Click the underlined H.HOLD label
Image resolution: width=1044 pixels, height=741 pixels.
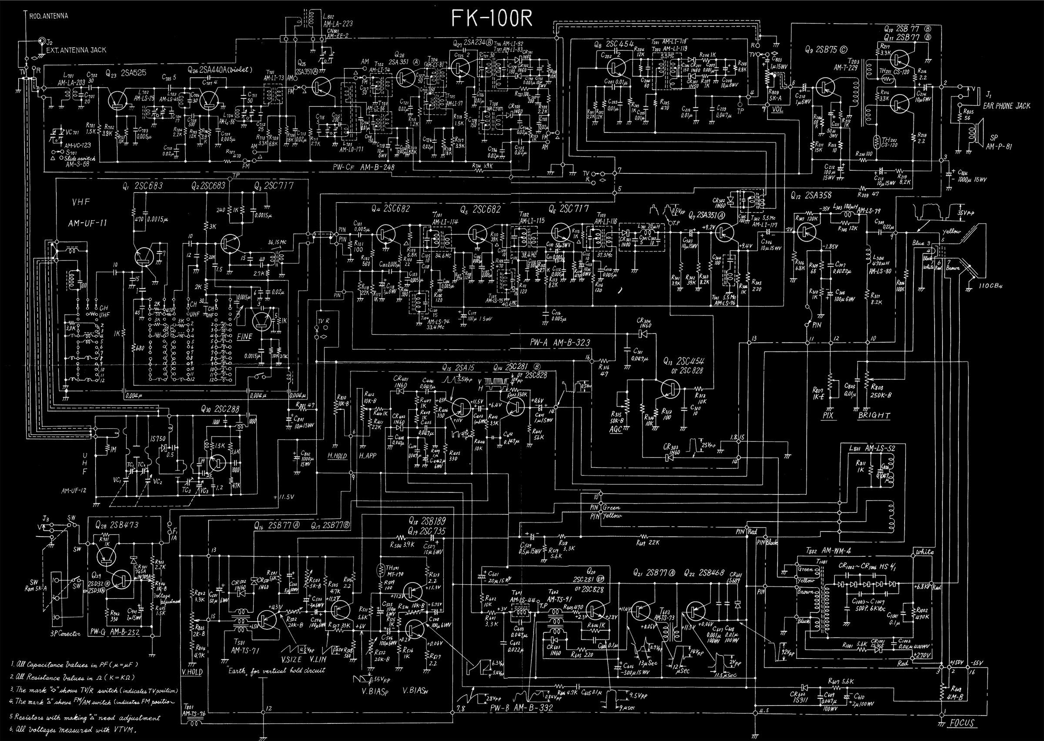(337, 456)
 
